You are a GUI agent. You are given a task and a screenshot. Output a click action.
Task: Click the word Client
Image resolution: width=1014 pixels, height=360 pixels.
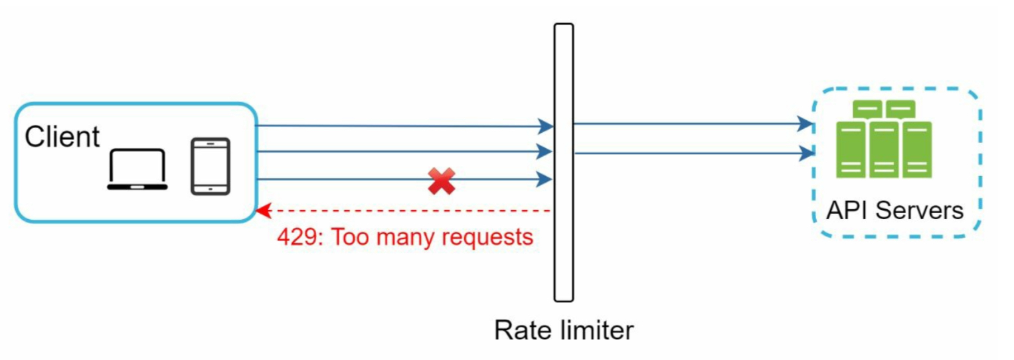click(62, 137)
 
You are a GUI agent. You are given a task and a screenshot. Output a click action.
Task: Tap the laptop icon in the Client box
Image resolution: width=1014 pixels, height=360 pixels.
click(137, 170)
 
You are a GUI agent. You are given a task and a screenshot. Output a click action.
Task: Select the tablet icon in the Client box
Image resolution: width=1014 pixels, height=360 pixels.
click(210, 166)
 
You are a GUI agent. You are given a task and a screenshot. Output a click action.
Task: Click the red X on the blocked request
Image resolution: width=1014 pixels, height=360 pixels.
click(442, 181)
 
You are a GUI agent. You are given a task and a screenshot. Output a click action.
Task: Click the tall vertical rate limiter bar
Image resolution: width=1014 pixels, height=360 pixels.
click(564, 163)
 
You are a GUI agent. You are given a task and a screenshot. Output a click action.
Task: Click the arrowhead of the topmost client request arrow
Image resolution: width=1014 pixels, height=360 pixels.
click(547, 126)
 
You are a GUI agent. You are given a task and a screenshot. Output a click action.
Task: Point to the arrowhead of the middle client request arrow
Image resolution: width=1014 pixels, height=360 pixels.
click(547, 151)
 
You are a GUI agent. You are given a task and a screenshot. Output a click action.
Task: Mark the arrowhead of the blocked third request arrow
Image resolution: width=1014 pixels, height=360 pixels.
click(547, 179)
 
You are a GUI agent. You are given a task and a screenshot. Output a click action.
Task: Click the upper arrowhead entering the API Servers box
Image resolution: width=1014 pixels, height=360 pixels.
click(806, 124)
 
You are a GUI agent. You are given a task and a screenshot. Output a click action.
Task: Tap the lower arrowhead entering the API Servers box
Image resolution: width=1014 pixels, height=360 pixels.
click(806, 153)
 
